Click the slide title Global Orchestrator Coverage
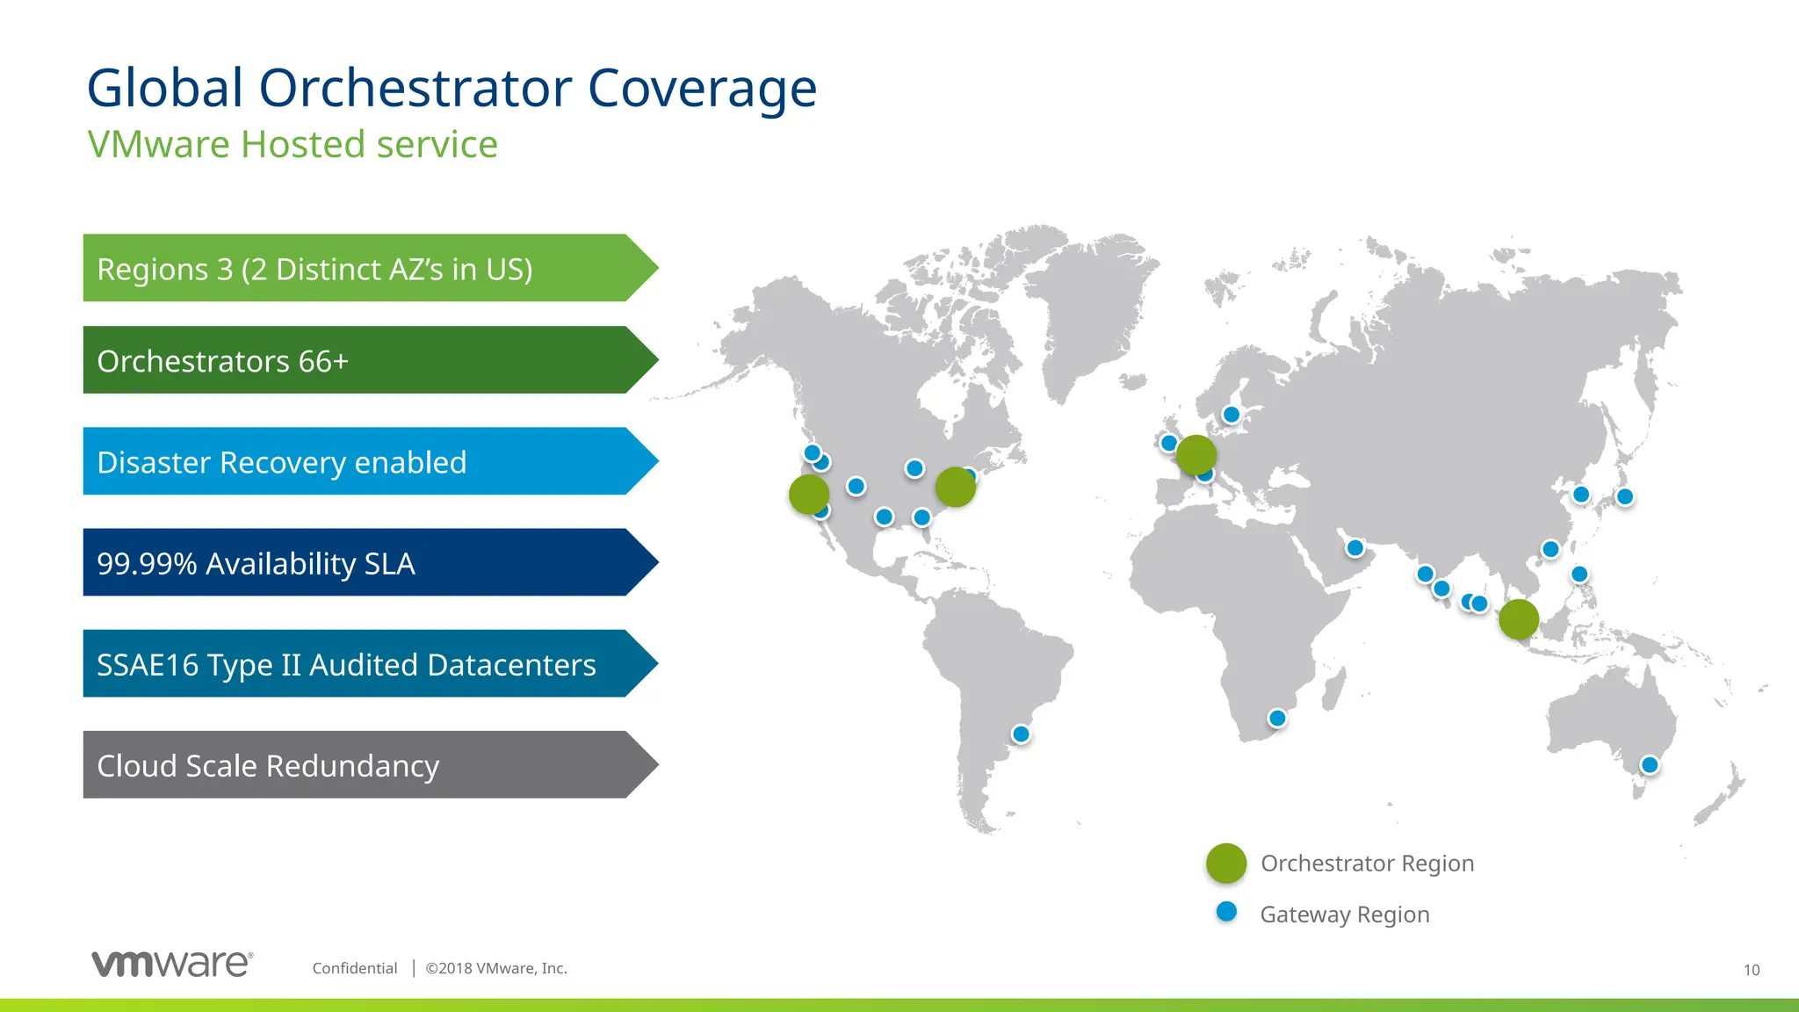point(452,88)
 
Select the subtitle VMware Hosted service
point(293,144)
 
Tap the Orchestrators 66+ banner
point(351,360)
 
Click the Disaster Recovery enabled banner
point(351,461)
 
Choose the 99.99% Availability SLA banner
point(351,562)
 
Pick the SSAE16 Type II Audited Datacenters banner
point(351,664)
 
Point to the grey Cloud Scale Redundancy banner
point(351,765)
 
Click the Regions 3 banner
point(351,268)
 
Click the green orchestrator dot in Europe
point(1196,455)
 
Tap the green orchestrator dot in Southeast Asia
point(1518,619)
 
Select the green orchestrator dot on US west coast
point(809,495)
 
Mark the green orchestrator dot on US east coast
point(955,487)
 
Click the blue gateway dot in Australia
point(1650,765)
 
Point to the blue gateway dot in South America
point(1021,734)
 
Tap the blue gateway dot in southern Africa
point(1277,719)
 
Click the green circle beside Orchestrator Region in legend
point(1226,864)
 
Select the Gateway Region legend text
point(1344,914)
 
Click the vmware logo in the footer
point(172,964)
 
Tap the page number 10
point(1752,970)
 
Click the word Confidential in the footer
point(355,968)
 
